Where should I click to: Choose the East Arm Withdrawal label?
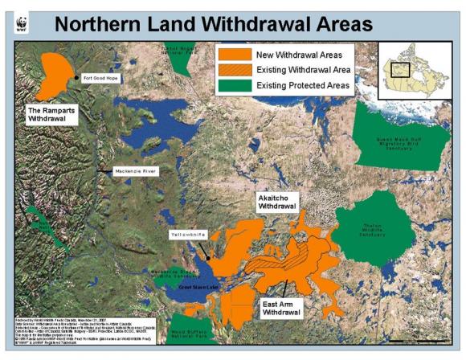283,309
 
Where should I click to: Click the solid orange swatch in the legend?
233,55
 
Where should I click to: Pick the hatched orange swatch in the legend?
233,70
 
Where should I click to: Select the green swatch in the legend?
233,84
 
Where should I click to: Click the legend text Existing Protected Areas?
305,84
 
